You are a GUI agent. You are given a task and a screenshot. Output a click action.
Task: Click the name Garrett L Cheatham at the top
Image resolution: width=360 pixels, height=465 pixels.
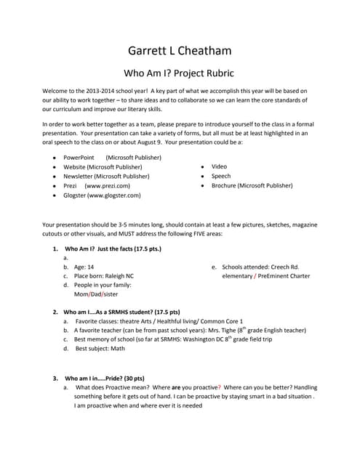point(180,51)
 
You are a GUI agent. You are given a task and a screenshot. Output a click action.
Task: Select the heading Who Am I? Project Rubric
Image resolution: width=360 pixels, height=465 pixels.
point(180,73)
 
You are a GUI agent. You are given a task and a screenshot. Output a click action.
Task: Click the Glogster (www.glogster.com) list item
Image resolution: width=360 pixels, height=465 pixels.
point(102,195)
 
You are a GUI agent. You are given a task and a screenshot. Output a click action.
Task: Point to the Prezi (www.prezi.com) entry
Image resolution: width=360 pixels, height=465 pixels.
point(97,185)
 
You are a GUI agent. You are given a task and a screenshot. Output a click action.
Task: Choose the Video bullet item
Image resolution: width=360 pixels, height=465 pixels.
point(219,166)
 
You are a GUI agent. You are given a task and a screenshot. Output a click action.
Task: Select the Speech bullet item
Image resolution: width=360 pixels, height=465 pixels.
point(221,176)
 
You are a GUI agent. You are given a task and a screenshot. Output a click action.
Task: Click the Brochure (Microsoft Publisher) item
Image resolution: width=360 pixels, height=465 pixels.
point(252,185)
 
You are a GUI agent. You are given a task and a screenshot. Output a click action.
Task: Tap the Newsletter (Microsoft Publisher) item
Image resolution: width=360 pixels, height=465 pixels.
point(107,176)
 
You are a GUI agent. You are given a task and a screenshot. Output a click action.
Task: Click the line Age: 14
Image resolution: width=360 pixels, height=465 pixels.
point(84,267)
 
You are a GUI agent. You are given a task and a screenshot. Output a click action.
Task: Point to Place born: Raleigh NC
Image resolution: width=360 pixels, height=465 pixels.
point(104,276)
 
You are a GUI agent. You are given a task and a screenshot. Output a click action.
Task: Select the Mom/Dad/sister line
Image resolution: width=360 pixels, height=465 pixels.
point(96,294)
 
